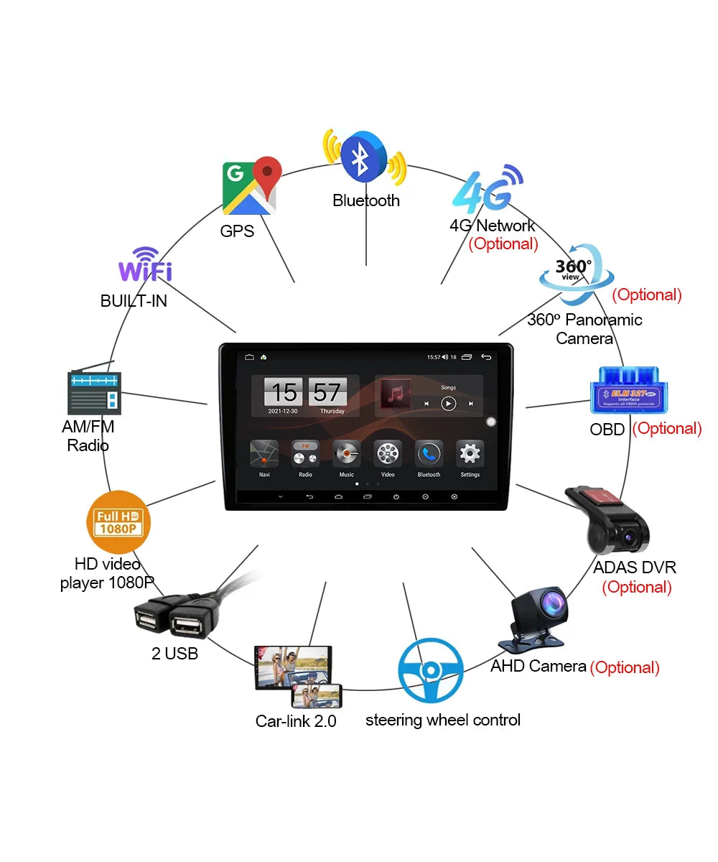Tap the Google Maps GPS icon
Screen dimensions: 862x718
point(251,186)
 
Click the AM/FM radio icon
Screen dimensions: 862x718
point(94,391)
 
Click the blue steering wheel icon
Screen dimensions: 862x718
point(430,671)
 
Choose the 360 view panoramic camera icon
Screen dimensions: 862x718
point(575,274)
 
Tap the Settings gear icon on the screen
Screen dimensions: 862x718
point(470,454)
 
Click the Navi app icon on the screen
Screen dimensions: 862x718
point(264,454)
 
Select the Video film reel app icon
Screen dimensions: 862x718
point(388,454)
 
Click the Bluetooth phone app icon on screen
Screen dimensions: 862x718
point(429,454)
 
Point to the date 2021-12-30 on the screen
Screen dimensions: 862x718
point(284,412)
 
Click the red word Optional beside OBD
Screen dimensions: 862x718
point(666,429)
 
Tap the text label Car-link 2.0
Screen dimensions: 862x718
point(296,721)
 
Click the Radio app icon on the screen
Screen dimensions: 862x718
point(305,454)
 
